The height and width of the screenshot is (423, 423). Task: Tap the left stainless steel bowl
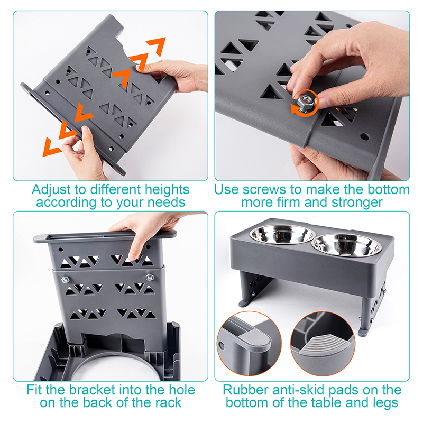(282, 234)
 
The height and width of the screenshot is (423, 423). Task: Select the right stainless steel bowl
(347, 245)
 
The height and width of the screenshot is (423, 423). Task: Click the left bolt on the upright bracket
(65, 279)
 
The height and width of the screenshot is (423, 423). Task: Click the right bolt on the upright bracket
(150, 277)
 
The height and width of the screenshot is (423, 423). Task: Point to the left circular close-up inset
(249, 343)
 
